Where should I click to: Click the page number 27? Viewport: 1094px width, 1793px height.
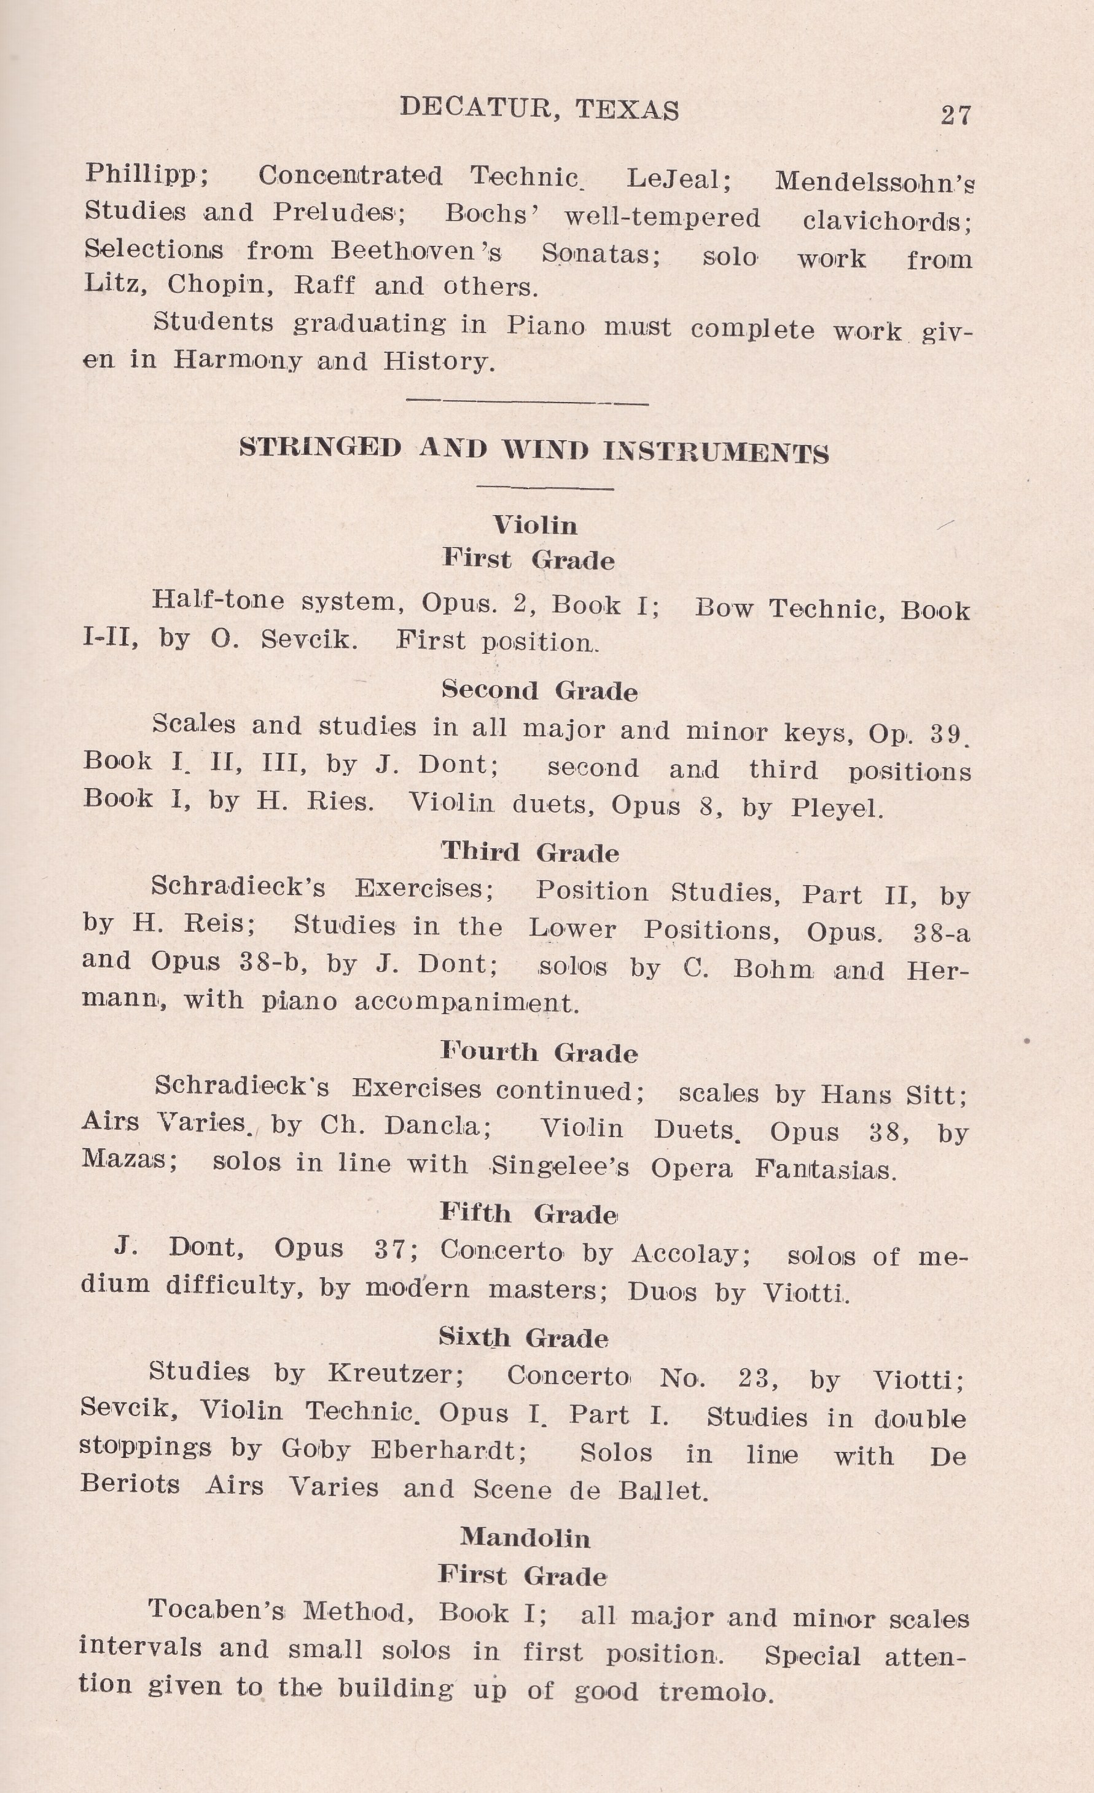coord(955,115)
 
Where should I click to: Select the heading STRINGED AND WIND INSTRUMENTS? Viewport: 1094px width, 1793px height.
coord(534,451)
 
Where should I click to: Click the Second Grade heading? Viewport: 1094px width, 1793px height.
coord(539,690)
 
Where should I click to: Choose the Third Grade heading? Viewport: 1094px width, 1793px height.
coord(530,852)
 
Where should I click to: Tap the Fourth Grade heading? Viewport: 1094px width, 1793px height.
coord(538,1052)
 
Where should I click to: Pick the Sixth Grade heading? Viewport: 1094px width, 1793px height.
coord(523,1338)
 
